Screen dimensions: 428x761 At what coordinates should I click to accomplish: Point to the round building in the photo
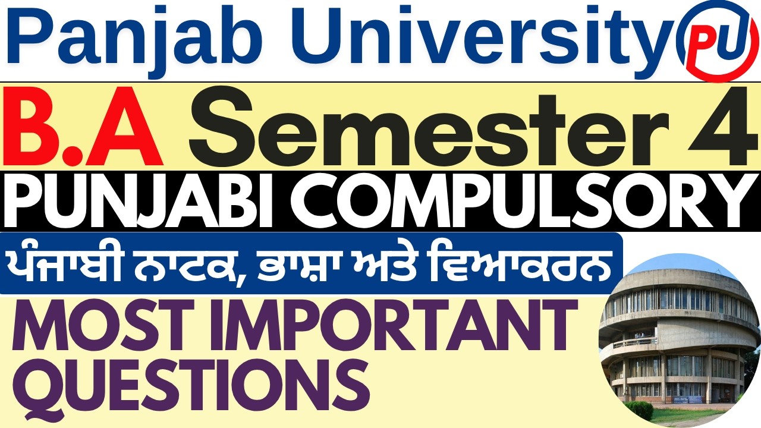click(x=672, y=345)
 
